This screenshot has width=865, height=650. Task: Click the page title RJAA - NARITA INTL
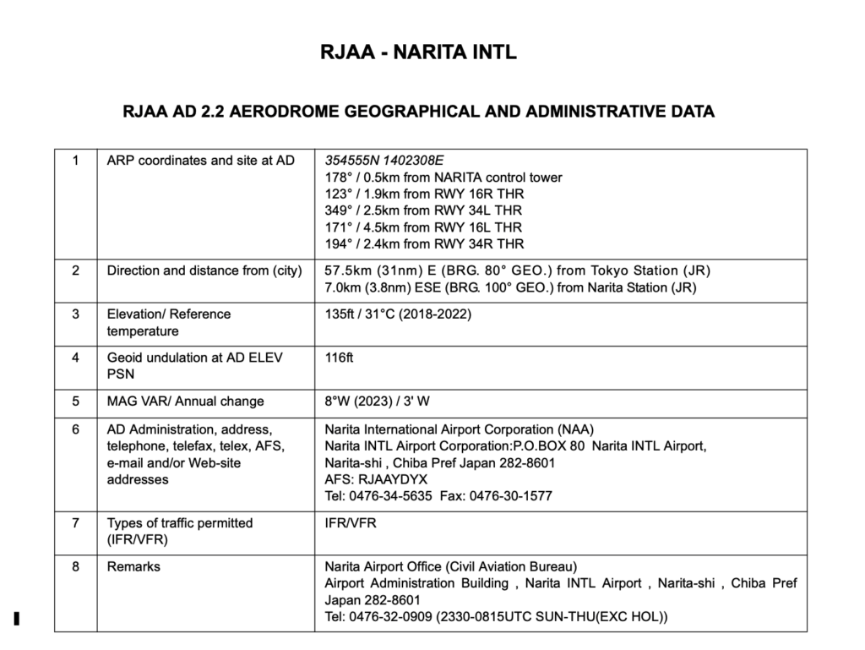(418, 53)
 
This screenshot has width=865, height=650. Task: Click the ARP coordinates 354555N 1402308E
(384, 161)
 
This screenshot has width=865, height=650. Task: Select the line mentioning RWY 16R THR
(423, 194)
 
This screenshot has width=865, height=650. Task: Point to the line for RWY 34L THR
(423, 210)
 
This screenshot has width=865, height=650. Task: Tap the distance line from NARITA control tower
(443, 178)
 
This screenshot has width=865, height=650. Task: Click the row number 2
(76, 271)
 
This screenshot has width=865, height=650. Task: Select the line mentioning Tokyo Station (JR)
(517, 271)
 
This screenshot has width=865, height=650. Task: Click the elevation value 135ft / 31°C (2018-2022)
(398, 314)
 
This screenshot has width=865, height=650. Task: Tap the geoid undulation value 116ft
(339, 358)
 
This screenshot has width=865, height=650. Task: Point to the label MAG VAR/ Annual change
(185, 401)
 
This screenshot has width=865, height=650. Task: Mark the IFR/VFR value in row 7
(351, 523)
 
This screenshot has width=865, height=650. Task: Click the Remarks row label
(133, 566)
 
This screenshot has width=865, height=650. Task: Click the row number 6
(76, 429)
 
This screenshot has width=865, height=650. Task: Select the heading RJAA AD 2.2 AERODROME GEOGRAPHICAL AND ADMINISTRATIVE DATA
(418, 112)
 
